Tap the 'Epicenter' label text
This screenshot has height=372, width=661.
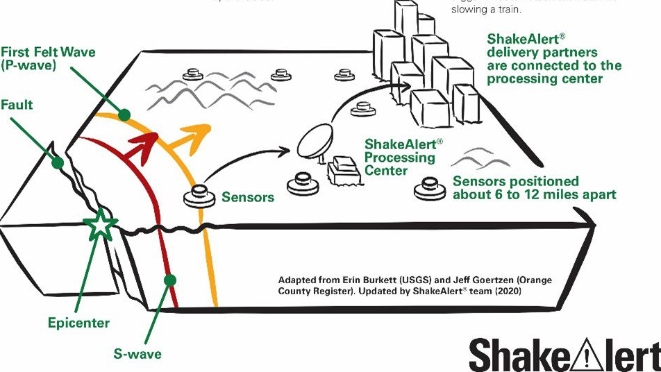(78, 323)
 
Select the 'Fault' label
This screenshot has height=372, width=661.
(17, 105)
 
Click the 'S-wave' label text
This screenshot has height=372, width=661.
(137, 354)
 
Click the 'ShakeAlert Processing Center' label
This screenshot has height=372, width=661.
(401, 157)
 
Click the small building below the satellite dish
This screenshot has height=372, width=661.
(342, 171)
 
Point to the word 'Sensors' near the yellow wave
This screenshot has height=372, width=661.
(248, 197)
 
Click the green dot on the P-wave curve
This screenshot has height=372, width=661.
(125, 115)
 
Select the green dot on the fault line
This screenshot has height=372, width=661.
(58, 163)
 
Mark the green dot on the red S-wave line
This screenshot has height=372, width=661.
(168, 280)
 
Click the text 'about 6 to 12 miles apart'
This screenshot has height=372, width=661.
(534, 195)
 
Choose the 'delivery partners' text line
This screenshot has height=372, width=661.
(542, 53)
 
